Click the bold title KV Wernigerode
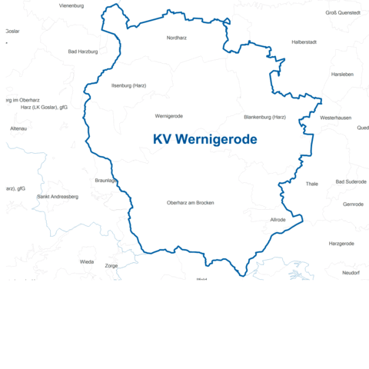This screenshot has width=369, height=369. (204, 139)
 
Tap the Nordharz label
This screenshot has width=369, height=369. (177, 38)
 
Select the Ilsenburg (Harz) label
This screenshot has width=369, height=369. (128, 85)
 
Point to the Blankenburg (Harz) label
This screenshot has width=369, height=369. (264, 117)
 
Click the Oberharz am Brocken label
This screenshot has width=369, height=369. (190, 203)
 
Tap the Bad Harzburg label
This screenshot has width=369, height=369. (83, 52)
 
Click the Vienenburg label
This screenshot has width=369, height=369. (71, 5)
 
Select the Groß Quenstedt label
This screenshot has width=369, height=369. (343, 13)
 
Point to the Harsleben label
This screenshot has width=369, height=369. (342, 75)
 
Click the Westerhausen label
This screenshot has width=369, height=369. (336, 118)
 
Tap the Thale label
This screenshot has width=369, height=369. (311, 184)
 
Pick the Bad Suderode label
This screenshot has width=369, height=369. (351, 182)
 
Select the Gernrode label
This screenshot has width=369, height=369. (354, 204)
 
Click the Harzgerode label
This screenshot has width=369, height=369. (341, 244)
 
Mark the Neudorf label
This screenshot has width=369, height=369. (351, 273)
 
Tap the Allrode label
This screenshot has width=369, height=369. (278, 220)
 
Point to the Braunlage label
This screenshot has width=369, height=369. (105, 181)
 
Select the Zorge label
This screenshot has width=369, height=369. (111, 266)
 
